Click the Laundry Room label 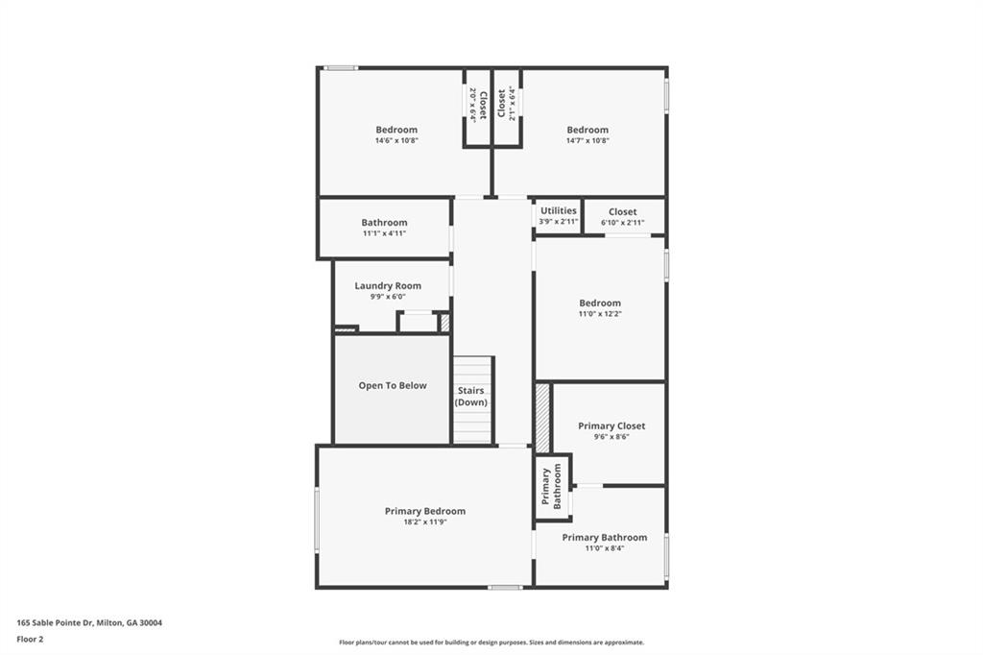coord(388,285)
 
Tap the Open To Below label coord(393,385)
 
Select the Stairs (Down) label coord(470,397)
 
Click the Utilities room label coord(559,210)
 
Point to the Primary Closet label coord(611,425)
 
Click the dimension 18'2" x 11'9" coord(425,522)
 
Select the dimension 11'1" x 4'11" coord(385,233)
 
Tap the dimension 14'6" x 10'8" coord(396,140)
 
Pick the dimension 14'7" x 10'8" coord(587,140)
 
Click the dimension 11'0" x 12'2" coord(600,314)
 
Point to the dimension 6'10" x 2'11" coord(622,223)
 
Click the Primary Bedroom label coord(425,511)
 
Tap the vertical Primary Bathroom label coord(551,486)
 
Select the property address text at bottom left coord(89,622)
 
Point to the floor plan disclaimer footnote coord(491,643)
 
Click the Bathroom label coord(384,223)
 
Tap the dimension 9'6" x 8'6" coord(611,437)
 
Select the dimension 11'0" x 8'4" coord(605,548)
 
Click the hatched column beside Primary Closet coord(542,418)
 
